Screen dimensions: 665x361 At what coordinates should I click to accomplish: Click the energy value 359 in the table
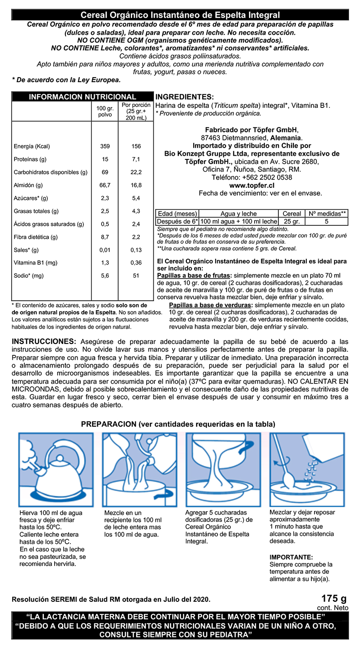[105, 146]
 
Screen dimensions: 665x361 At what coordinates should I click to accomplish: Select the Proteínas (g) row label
[30, 159]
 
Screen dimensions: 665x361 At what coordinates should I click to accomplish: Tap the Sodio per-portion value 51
[136, 275]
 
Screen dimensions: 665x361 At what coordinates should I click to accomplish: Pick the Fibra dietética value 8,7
[105, 237]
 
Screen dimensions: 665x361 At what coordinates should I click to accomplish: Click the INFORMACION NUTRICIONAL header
[82, 97]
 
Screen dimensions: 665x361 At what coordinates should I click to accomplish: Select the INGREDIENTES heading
[184, 97]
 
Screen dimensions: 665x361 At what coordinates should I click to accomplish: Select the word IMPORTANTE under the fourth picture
[291, 558]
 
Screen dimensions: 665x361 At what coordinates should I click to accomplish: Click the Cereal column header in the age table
[292, 214]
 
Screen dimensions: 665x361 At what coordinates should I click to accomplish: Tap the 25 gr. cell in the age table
[292, 221]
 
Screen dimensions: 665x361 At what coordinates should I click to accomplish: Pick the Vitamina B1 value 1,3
[105, 263]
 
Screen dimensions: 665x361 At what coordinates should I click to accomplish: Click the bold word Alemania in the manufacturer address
[286, 137]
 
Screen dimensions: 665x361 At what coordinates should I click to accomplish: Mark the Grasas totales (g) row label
[36, 211]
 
